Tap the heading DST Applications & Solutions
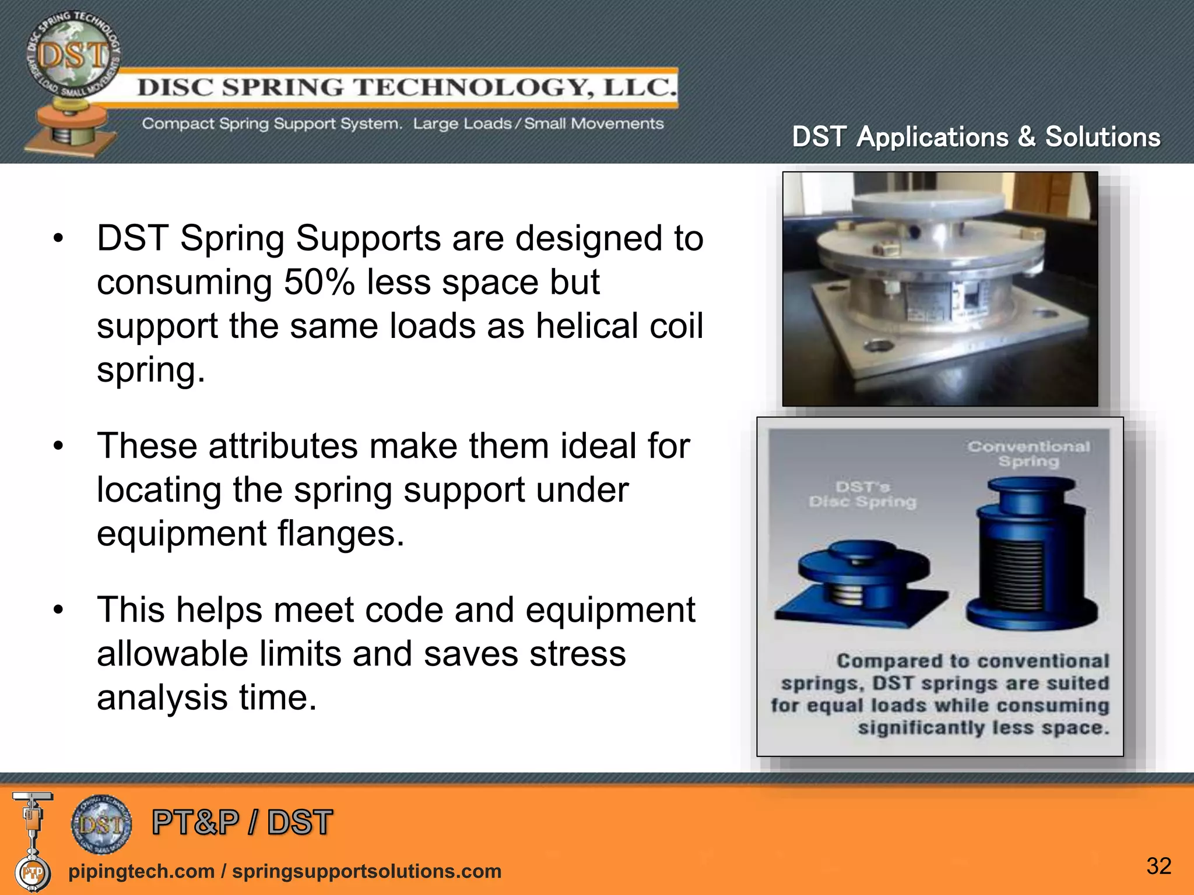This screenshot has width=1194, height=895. pos(976,138)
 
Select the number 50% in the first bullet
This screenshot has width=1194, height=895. pos(319,283)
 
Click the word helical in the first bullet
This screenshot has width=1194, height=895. pos(588,326)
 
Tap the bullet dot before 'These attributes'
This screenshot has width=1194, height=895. pos(58,447)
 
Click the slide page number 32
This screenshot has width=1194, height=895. pos(1158,866)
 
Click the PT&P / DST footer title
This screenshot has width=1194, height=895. pos(242,823)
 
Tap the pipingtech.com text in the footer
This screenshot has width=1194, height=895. pos(141,871)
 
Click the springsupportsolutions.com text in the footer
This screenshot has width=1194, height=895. pos(367,871)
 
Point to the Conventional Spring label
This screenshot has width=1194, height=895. pos(1028,454)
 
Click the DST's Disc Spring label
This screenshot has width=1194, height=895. pos(862,494)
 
